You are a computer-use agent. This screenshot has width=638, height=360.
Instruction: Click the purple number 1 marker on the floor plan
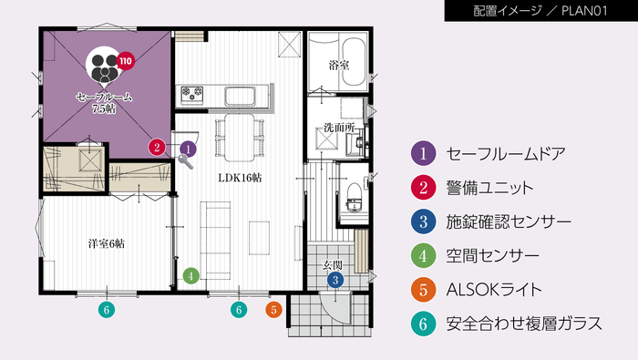188,147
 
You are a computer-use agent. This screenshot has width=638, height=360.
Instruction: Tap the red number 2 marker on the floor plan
158,146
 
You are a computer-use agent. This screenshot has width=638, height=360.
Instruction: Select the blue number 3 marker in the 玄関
335,280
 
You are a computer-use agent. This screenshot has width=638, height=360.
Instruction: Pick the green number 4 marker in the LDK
190,273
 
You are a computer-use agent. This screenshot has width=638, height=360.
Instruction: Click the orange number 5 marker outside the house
273,310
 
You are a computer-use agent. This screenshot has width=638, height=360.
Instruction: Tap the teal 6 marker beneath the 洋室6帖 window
107,310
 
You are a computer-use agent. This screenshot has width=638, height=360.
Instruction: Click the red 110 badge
125,62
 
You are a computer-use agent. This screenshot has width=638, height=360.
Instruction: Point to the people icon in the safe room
103,65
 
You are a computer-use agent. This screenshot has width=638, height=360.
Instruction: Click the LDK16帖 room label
239,178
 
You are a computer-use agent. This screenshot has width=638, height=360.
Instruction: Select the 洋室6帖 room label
106,244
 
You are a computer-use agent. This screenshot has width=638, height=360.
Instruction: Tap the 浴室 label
338,66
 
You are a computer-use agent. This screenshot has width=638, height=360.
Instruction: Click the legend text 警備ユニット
489,188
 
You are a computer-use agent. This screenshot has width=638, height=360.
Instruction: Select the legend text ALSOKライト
494,290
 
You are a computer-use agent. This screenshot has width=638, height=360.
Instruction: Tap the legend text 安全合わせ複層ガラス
525,324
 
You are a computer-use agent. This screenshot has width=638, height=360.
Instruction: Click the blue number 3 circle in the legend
423,221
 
